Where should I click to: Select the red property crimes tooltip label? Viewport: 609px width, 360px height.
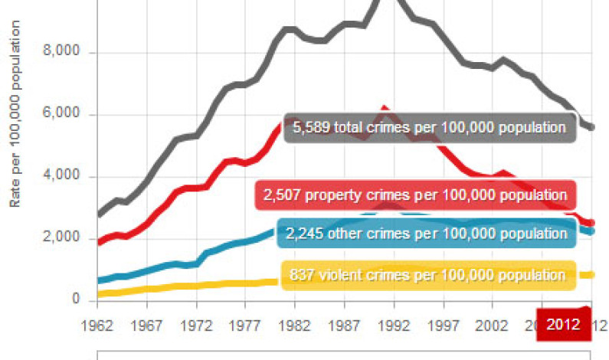coord(414,195)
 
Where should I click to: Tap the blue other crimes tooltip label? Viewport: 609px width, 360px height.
coord(426,233)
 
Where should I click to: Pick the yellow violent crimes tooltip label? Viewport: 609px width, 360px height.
coord(428,275)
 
